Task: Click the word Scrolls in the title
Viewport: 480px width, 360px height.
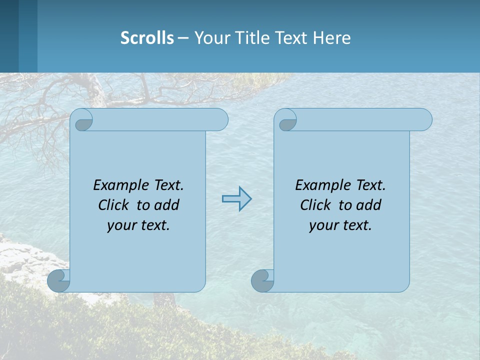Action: tap(147, 38)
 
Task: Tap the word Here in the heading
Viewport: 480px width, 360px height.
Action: tap(331, 38)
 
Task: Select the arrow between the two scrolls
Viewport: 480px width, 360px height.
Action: tap(236, 198)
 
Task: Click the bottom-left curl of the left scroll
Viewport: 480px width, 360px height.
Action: tap(59, 280)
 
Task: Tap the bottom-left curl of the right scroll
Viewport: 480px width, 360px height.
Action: tap(262, 280)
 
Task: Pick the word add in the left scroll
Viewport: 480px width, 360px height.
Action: tap(167, 205)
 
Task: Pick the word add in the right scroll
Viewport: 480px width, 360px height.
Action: tap(369, 205)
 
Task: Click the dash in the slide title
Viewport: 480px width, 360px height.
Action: tap(183, 38)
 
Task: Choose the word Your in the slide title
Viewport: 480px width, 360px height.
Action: tap(210, 38)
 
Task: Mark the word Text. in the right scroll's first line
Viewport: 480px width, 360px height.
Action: tap(370, 185)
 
